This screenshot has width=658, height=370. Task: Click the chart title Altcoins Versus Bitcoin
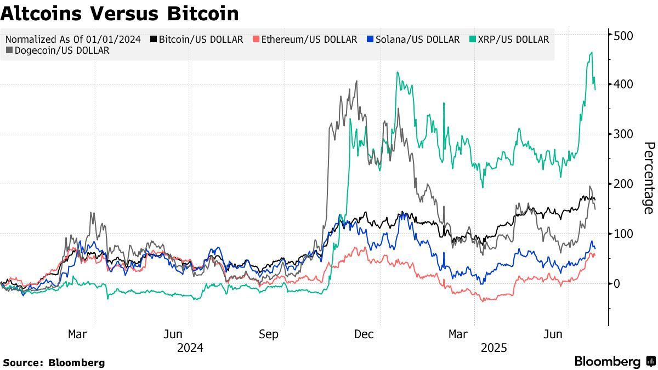[x=120, y=13]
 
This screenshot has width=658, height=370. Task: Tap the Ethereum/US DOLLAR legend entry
[x=305, y=39]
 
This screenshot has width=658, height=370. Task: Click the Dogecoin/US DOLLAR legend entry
[x=58, y=50]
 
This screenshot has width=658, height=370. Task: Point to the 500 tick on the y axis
[x=624, y=36]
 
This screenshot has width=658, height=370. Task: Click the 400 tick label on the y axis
[x=624, y=84]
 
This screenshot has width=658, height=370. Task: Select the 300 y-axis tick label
[x=624, y=134]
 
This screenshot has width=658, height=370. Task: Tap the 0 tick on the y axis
[x=617, y=283]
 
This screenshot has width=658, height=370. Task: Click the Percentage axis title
[x=649, y=178]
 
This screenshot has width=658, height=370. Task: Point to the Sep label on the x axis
[x=269, y=334]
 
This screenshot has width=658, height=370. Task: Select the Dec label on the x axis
[x=364, y=334]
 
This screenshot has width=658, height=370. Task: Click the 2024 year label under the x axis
[x=190, y=348]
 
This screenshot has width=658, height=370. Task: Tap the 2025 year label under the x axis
[x=494, y=348]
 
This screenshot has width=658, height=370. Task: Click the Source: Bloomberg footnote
[x=54, y=362]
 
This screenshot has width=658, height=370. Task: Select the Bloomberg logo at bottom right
[x=615, y=361]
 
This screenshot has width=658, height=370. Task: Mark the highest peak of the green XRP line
[x=591, y=53]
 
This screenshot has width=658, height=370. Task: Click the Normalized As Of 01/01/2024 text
[x=73, y=39]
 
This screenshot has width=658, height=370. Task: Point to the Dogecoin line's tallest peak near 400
[x=356, y=81]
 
